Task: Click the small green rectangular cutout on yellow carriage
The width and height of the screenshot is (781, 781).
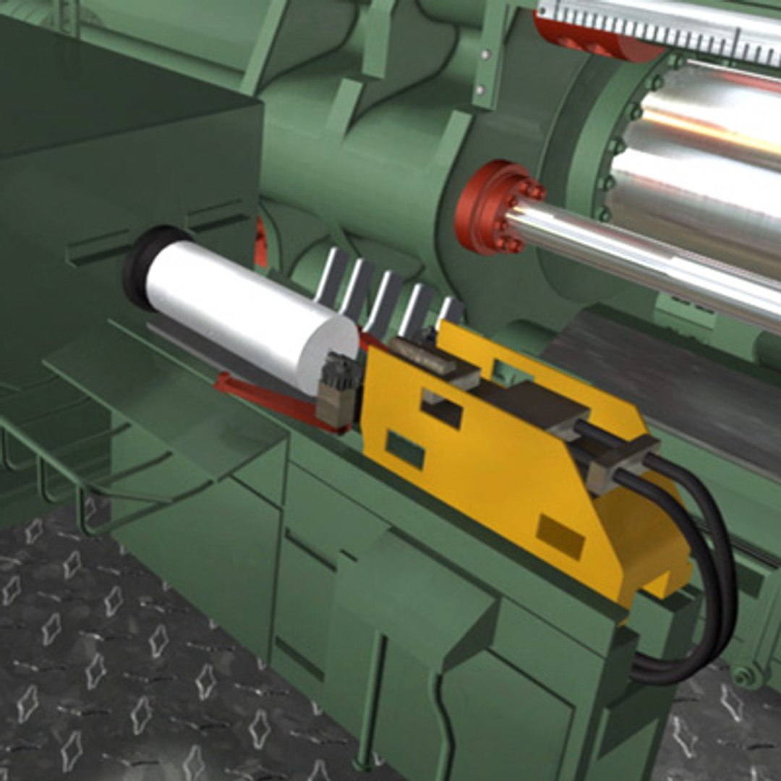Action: point(404,449)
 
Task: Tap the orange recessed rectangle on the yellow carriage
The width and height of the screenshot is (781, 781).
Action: point(560,537)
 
